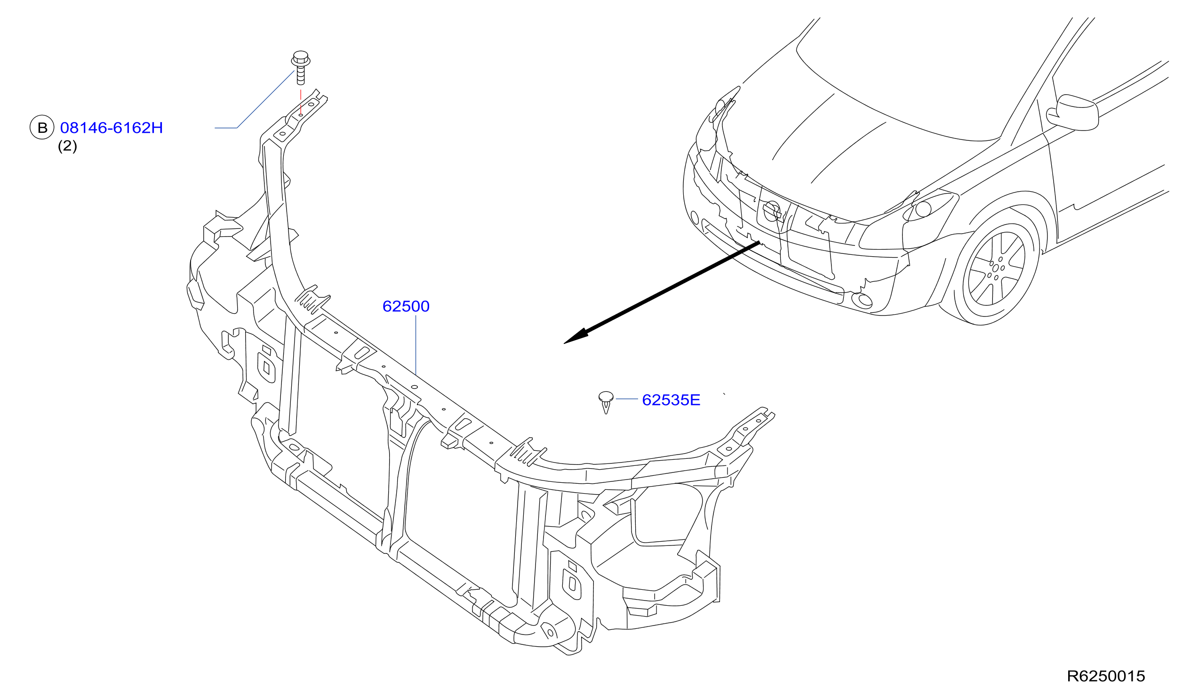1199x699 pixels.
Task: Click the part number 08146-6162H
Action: click(x=112, y=128)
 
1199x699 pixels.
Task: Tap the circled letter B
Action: click(x=42, y=128)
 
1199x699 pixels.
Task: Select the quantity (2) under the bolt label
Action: click(x=67, y=146)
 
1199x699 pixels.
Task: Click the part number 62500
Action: click(x=406, y=306)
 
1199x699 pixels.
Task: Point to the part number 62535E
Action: click(x=671, y=400)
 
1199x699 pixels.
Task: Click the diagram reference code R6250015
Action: click(x=1106, y=676)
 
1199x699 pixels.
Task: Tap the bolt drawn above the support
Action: click(x=300, y=68)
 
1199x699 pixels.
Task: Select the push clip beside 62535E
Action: click(x=606, y=402)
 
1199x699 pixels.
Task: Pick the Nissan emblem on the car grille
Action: click(x=772, y=211)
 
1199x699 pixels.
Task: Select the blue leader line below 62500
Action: click(x=416, y=345)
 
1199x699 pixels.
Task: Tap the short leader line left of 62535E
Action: click(x=627, y=399)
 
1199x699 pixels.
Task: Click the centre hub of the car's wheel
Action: click(x=995, y=268)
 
